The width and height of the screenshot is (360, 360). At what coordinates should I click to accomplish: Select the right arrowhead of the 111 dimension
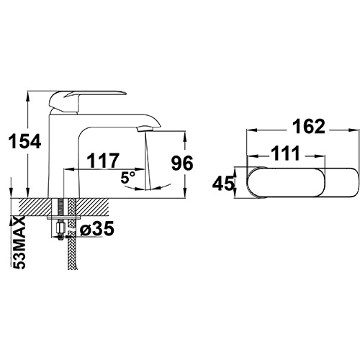[x=322, y=156]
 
